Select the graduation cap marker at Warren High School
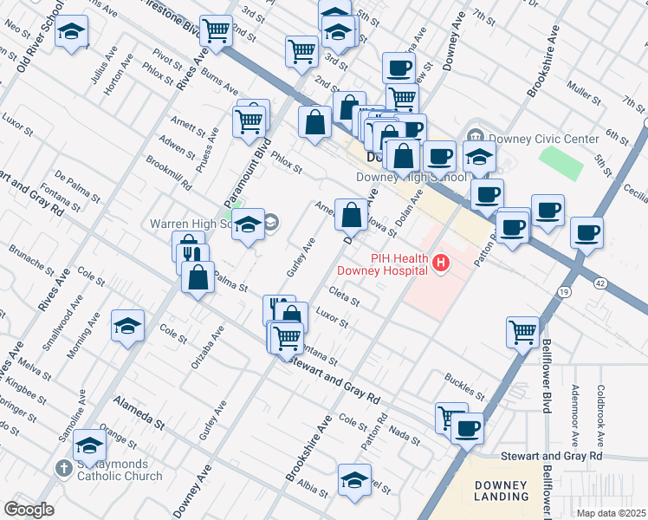coord(249,226)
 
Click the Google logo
coord(29,510)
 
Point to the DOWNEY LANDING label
coord(502,491)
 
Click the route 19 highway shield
coord(563,293)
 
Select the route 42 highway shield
coord(599,283)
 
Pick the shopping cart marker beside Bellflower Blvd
coord(523,331)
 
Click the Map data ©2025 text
coord(610,513)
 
